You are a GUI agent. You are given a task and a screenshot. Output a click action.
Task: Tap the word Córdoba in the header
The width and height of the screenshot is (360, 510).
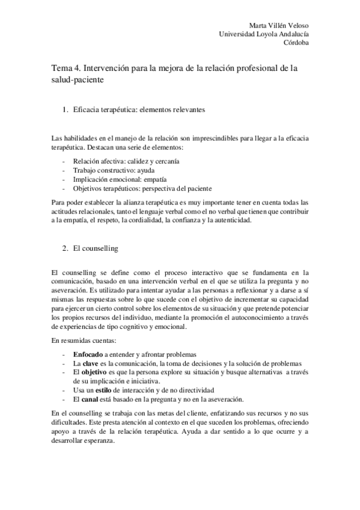pos(297,43)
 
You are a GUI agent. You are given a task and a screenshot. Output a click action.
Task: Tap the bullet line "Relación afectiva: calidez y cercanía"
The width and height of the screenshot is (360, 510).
pos(128,162)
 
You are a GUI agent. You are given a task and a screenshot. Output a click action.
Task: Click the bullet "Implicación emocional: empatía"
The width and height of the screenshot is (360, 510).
pos(120,179)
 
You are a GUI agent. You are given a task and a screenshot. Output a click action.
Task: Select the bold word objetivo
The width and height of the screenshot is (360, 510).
pos(95,372)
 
